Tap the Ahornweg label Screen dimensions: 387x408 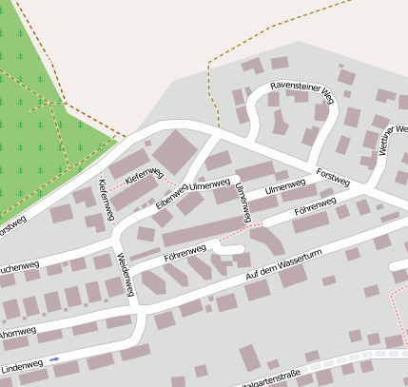click(x=17, y=333)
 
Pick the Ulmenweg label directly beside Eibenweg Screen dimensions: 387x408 click(x=209, y=184)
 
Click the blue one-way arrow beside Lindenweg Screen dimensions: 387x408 click(x=54, y=359)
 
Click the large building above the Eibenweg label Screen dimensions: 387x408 click(x=172, y=151)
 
